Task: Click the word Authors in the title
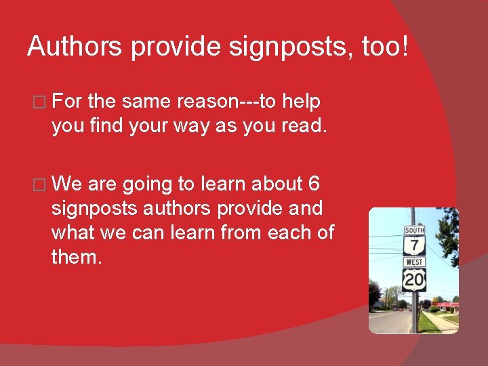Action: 75,46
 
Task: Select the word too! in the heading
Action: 387,46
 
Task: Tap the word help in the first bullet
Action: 301,102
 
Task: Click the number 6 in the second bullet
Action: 313,184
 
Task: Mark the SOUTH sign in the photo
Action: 414,230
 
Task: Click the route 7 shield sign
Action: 414,246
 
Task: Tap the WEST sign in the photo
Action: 414,262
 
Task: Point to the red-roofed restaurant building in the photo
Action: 448,306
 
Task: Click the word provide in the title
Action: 172,46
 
